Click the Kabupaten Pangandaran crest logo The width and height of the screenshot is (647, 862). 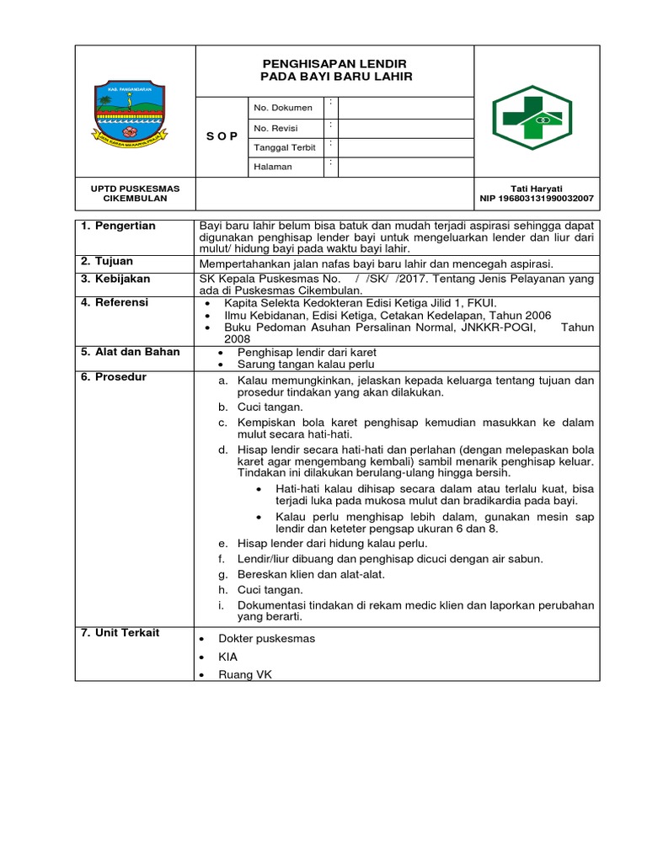click(x=128, y=116)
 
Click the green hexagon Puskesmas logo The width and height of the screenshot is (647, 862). click(x=532, y=117)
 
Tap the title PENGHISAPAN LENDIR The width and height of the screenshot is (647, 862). click(x=334, y=64)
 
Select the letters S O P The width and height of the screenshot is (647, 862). click(x=222, y=137)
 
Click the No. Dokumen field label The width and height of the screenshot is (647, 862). click(x=282, y=108)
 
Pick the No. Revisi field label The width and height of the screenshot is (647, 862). click(x=275, y=128)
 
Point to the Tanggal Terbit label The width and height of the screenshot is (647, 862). click(x=285, y=147)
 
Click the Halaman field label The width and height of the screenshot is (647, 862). click(x=273, y=167)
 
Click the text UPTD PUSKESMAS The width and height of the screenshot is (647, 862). click(x=135, y=189)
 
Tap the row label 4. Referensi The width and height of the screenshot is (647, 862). click(x=115, y=302)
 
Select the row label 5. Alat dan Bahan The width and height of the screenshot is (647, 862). click(x=130, y=352)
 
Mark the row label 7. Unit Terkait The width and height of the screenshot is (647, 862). click(x=120, y=632)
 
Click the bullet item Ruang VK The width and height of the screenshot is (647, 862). click(x=245, y=674)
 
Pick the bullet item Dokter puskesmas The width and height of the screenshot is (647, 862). click(x=266, y=638)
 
